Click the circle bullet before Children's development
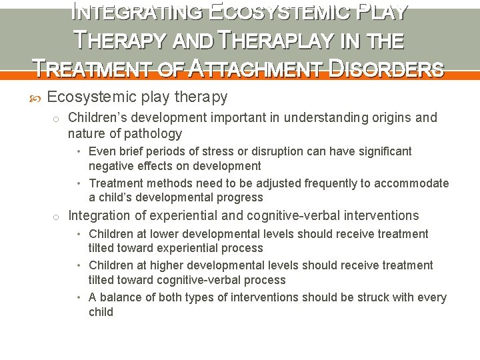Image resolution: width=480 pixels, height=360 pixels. pos(57,119)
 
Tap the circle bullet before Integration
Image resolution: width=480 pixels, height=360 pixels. pos(57,216)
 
